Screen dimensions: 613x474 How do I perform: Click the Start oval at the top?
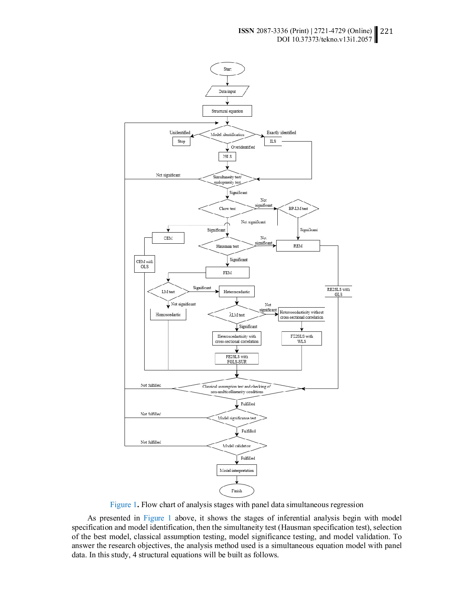227,69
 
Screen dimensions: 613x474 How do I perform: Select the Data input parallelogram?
227,91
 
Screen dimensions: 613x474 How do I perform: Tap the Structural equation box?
227,111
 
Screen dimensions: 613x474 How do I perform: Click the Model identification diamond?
227,134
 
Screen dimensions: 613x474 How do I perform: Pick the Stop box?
181,141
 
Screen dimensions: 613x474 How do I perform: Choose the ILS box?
273,141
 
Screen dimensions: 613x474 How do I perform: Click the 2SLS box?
227,156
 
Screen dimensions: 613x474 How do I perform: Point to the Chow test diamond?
227,209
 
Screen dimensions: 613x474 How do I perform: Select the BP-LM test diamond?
298,209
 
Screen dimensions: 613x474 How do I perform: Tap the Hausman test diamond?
227,246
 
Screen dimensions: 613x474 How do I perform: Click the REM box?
298,246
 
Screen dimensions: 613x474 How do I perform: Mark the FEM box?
228,273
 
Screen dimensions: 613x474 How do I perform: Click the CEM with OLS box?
145,264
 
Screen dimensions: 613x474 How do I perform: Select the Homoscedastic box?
168,315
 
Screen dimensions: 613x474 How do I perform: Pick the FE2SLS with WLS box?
302,339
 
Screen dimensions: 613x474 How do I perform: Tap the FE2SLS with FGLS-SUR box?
237,359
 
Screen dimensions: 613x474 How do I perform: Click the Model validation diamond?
237,446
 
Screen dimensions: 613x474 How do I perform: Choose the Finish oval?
237,491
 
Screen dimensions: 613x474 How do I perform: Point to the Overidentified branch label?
243,147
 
